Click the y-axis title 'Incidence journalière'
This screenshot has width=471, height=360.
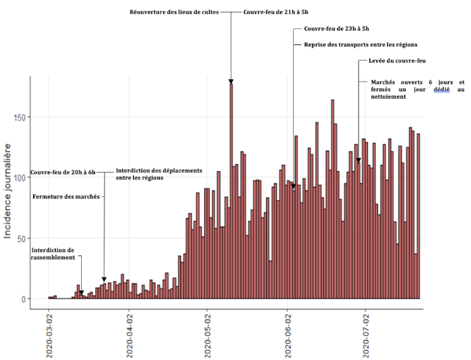coord(9,191)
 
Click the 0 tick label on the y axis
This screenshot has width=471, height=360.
coord(23,299)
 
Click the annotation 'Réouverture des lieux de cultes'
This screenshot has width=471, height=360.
coord(174,12)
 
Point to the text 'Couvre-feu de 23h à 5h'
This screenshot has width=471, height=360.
coord(336,29)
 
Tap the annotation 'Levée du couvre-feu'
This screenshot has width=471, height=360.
coord(400,61)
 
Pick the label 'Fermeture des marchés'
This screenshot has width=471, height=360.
coord(66,196)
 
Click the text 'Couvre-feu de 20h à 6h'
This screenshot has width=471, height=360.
coord(63,172)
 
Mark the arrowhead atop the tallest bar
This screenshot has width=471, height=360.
coord(231,82)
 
